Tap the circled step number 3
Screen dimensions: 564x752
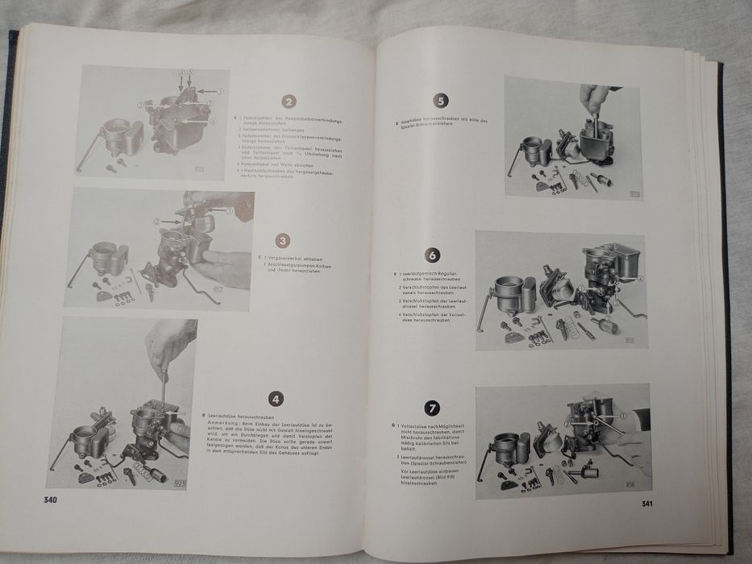point(282,241)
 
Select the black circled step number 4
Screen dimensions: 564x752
point(276,397)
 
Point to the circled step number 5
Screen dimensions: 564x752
point(440,101)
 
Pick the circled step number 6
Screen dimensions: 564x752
point(432,255)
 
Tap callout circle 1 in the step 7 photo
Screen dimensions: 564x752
point(622,416)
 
